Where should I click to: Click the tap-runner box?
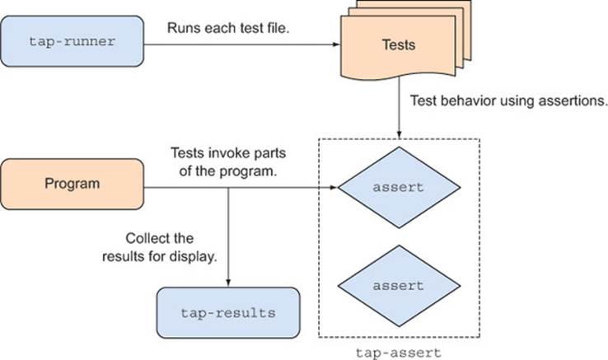tap(72, 41)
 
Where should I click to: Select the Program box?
tap(72, 184)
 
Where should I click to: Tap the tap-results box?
tap(228, 313)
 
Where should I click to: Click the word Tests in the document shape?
tap(399, 44)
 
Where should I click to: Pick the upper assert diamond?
tap(399, 187)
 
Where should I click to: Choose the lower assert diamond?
tap(399, 286)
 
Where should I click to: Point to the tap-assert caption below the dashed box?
tap(399, 353)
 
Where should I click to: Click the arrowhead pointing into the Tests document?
tap(337, 44)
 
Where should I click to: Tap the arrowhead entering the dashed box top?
tap(399, 134)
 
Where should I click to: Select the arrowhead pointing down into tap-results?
tap(228, 283)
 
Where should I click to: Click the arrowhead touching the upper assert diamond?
tap(334, 188)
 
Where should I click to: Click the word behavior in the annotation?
tap(469, 101)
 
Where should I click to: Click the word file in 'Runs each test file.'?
tap(278, 28)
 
